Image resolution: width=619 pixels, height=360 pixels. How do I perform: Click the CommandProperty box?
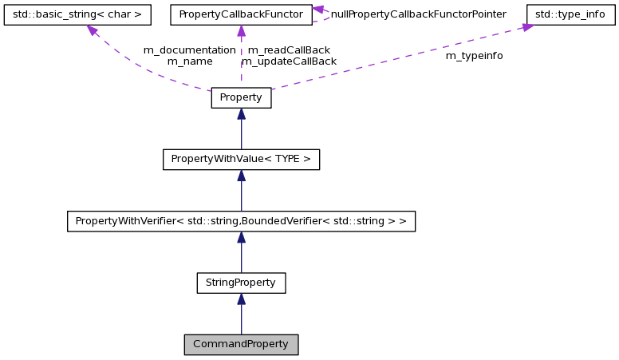pos(241,344)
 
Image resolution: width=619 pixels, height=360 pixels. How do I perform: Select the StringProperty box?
pos(241,283)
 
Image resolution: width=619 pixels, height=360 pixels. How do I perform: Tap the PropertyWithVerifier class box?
pos(241,221)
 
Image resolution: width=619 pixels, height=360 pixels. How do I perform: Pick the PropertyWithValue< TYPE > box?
pos(241,160)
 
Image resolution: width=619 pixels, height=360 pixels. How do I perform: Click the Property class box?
pos(241,98)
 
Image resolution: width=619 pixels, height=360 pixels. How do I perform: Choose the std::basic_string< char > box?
pos(77,14)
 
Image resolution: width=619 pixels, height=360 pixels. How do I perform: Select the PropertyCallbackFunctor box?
pos(241,14)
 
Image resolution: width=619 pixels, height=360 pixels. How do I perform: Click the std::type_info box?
pos(571,14)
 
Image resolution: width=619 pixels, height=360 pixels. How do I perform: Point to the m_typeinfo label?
pos(474,56)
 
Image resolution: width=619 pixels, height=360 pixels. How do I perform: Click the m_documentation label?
pos(189,49)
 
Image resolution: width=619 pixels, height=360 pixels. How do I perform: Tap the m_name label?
pos(189,61)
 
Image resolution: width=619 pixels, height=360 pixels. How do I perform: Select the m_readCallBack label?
pos(289,49)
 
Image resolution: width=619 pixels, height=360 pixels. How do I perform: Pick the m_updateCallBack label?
pos(289,61)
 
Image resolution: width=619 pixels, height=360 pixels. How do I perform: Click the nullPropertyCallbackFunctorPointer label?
pos(418,14)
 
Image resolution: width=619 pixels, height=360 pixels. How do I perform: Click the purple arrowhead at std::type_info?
pos(528,28)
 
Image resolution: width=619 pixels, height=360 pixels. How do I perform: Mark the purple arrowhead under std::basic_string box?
pos(93,30)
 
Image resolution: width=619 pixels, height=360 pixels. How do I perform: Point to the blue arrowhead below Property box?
pos(241,114)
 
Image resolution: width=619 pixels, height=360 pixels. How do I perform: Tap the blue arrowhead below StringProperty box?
pos(241,299)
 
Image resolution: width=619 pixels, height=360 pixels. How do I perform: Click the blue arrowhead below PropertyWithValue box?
pos(241,176)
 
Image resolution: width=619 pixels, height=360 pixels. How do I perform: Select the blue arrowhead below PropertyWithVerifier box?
pos(241,237)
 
